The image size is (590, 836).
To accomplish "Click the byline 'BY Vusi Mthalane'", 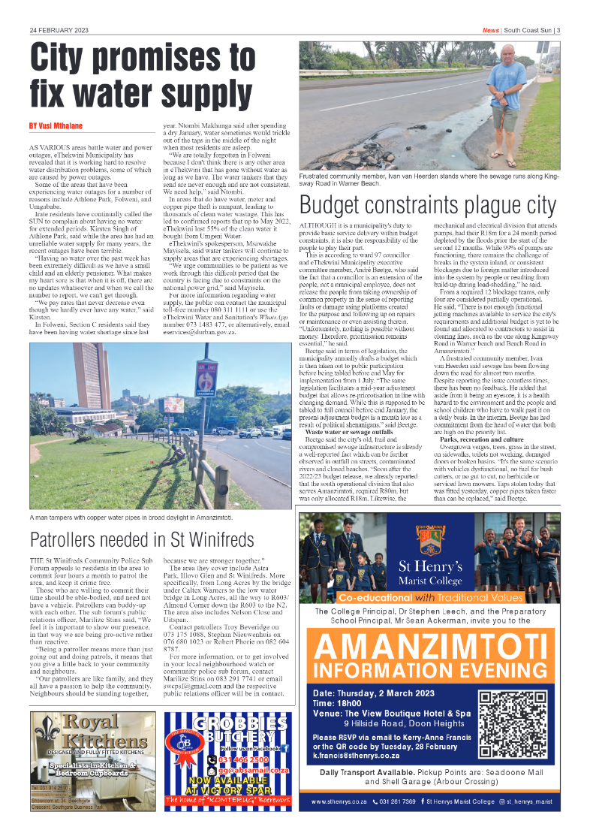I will [x=56, y=125].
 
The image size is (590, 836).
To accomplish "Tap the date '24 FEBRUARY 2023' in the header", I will [x=59, y=30].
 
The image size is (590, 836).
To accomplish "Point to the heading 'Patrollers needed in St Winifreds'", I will [x=142, y=539].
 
